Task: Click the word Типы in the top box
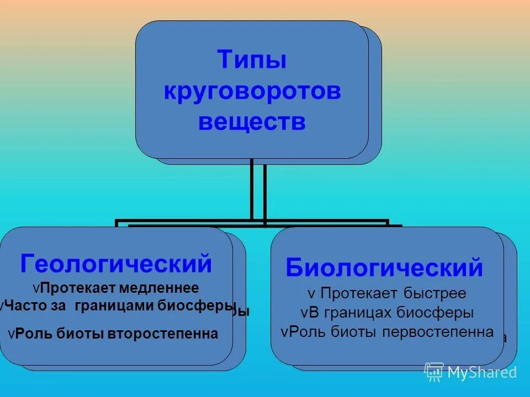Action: point(252,60)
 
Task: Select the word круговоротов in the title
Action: point(252,91)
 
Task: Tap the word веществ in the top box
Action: point(252,122)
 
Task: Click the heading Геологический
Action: point(116,264)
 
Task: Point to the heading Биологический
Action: point(384,268)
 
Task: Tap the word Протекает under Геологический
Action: point(77,289)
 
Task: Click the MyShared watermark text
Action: point(482,372)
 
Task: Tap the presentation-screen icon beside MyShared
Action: point(434,372)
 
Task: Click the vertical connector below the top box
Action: point(258,190)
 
